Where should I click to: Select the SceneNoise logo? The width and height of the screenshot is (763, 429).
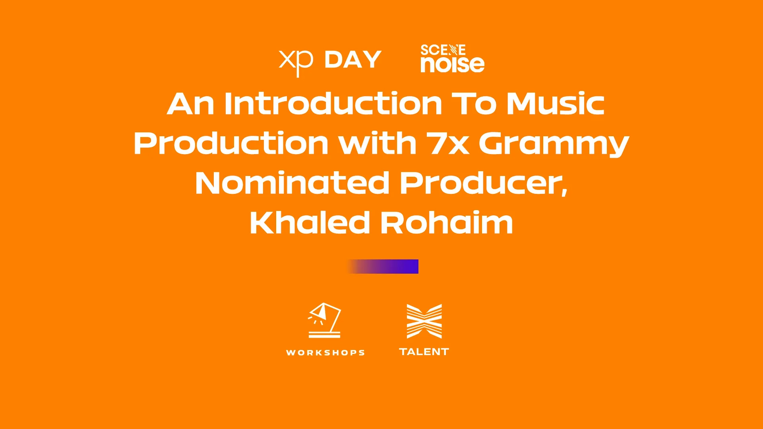(452, 58)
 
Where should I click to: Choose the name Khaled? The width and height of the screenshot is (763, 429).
(310, 222)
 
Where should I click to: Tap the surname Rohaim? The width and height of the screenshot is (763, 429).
(447, 222)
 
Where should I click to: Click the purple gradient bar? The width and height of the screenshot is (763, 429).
(383, 267)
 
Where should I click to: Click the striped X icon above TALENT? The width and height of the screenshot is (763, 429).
(424, 321)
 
